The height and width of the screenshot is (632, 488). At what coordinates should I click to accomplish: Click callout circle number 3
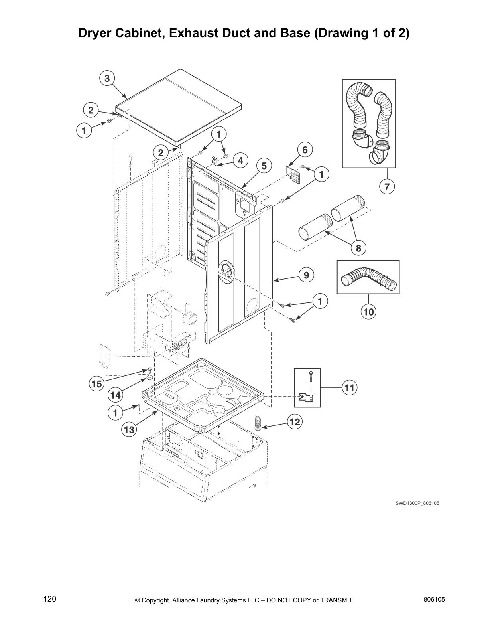pyautogui.click(x=107, y=79)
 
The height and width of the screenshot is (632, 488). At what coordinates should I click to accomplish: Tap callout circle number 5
pyautogui.click(x=264, y=165)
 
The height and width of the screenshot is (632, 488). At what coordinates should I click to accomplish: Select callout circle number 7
pyautogui.click(x=387, y=186)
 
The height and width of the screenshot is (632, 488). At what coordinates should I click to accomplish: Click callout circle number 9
pyautogui.click(x=306, y=275)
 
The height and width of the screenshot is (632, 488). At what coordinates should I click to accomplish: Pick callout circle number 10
pyautogui.click(x=369, y=312)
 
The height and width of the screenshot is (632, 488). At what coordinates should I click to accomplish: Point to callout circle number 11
pyautogui.click(x=350, y=387)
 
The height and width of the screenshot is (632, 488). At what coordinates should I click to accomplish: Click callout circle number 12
pyautogui.click(x=295, y=422)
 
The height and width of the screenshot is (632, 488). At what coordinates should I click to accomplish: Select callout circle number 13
pyautogui.click(x=129, y=430)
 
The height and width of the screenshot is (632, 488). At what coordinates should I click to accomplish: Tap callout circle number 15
pyautogui.click(x=96, y=384)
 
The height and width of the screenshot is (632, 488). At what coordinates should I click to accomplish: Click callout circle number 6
pyautogui.click(x=305, y=150)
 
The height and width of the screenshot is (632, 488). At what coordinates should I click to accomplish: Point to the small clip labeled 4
pyautogui.click(x=215, y=161)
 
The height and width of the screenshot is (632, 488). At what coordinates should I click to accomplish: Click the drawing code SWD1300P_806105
pyautogui.click(x=417, y=503)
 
